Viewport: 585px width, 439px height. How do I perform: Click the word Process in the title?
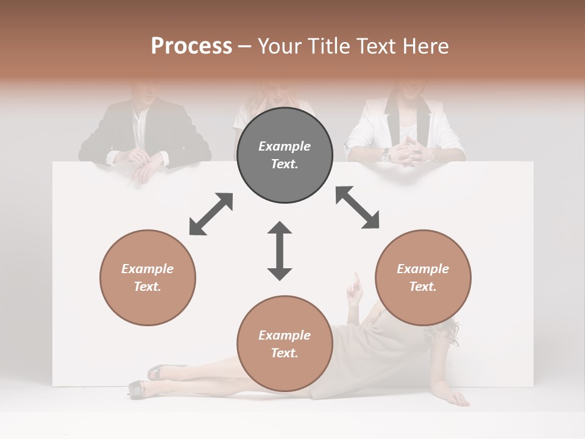(191, 46)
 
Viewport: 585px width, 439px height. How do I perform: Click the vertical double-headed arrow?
(280, 251)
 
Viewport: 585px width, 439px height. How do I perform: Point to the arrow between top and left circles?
(211, 214)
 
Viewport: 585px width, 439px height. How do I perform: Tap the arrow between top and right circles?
(357, 207)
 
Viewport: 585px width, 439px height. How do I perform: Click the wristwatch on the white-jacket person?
(386, 155)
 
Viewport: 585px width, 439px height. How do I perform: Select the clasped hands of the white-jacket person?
(409, 152)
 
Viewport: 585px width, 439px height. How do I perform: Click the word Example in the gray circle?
(285, 146)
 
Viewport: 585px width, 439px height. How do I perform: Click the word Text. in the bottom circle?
(285, 353)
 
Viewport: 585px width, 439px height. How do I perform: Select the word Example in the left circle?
(147, 269)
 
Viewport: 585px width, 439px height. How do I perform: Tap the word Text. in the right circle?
(423, 287)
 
